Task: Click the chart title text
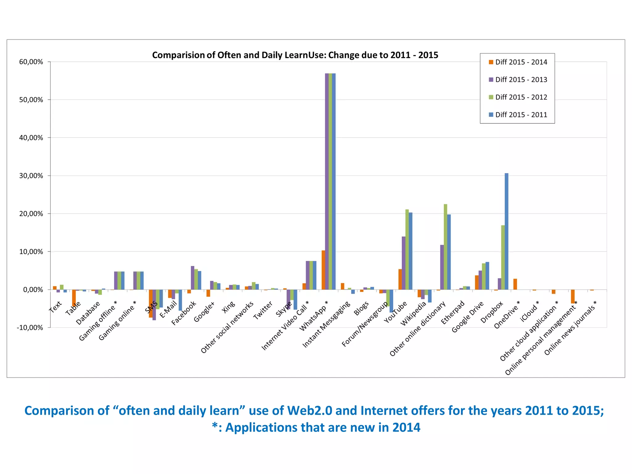(x=295, y=55)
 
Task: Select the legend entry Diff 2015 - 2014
(x=521, y=62)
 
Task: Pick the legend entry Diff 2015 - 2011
(x=521, y=115)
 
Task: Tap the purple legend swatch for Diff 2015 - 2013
(x=491, y=80)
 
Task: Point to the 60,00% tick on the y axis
(x=31, y=62)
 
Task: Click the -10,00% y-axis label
(x=30, y=327)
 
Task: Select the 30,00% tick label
(x=31, y=176)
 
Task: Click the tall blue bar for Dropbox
(x=506, y=231)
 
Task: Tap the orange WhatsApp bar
(x=323, y=270)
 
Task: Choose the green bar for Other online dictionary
(x=445, y=247)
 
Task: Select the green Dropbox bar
(x=503, y=257)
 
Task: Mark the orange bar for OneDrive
(x=515, y=284)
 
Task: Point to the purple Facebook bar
(x=193, y=278)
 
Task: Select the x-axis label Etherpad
(x=452, y=313)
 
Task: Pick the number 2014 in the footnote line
(x=406, y=428)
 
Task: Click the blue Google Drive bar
(x=487, y=276)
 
